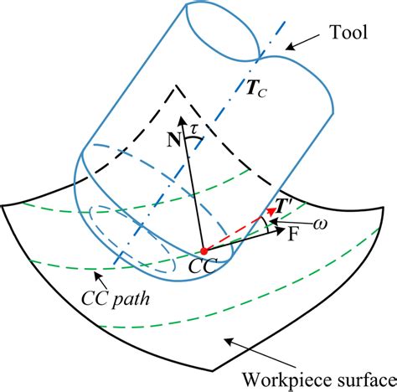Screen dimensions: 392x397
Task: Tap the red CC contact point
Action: (204, 250)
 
